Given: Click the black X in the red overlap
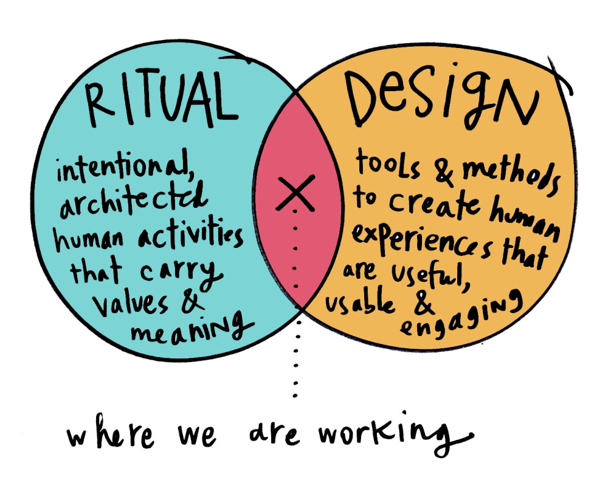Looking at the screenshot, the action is point(295,193).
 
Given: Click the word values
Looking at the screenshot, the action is point(130,304).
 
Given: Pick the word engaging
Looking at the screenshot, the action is point(461,316).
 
